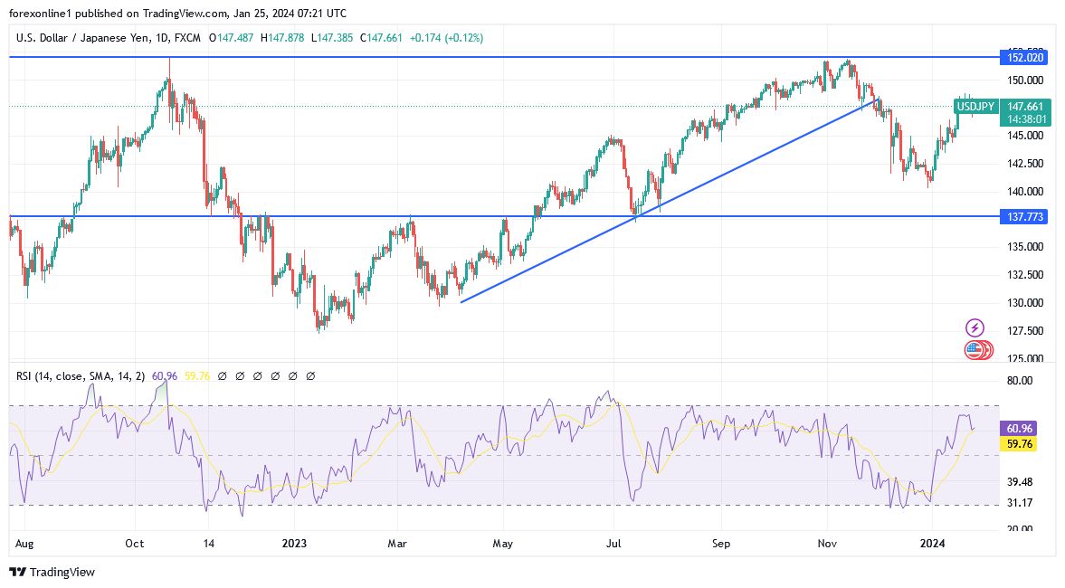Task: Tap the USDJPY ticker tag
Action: pyautogui.click(x=975, y=107)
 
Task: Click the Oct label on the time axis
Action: pyautogui.click(x=135, y=544)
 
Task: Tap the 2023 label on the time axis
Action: pyautogui.click(x=293, y=544)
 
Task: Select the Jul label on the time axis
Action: pyautogui.click(x=613, y=544)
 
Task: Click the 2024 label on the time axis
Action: pyautogui.click(x=932, y=544)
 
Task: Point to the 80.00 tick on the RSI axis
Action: pyautogui.click(x=1020, y=381)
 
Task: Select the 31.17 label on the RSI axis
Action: pyautogui.click(x=1020, y=503)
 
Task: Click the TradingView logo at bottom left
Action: pyautogui.click(x=52, y=572)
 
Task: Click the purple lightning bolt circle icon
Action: pyautogui.click(x=975, y=327)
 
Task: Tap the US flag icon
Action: pyautogui.click(x=974, y=349)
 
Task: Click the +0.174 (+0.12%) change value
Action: pyautogui.click(x=446, y=38)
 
